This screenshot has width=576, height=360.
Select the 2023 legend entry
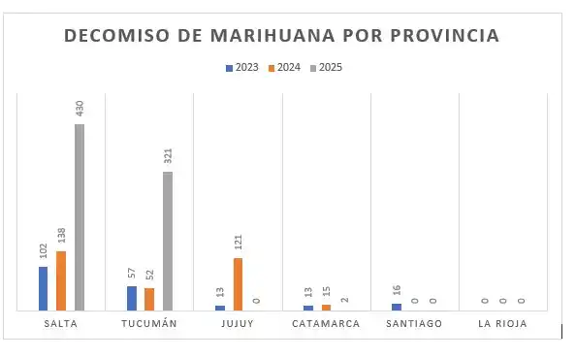pos(241,68)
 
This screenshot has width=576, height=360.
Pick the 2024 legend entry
pos(283,68)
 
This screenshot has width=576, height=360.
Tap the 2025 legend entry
pos(325,68)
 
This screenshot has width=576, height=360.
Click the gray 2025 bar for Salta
pos(80,217)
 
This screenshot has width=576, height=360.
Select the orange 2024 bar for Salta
pos(61,280)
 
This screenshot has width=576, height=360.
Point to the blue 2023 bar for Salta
pos(43,288)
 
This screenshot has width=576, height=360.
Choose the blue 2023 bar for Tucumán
pos(131,298)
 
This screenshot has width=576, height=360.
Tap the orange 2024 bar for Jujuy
pos(238,283)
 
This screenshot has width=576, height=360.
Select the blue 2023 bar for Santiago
pos(397,307)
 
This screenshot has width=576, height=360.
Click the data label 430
pos(80,108)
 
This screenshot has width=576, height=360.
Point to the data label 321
pos(168,156)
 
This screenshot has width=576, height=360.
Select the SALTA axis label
pos(61,324)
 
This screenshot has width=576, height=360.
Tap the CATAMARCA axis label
pos(326,324)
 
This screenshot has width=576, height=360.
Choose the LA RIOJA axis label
pos(502,324)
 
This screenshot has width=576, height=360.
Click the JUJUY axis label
pos(238,324)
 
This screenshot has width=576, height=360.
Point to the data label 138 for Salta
pos(61,236)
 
